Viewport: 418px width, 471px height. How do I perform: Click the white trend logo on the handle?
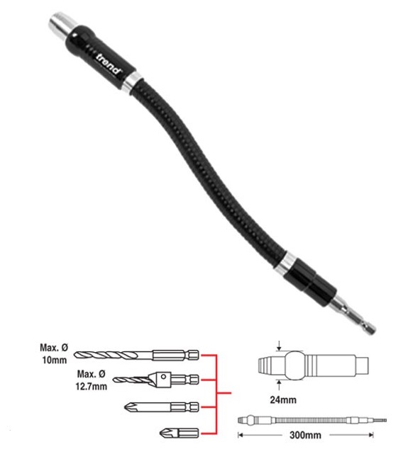(109, 64)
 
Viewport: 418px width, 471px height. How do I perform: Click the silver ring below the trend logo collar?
(133, 82)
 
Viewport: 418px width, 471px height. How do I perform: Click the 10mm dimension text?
(55, 360)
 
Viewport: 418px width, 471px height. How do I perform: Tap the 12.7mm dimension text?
(91, 386)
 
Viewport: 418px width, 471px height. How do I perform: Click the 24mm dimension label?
(283, 399)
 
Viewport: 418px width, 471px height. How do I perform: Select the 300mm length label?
(305, 435)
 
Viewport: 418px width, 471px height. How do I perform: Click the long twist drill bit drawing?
(136, 355)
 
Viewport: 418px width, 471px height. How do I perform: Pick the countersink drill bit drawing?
(156, 380)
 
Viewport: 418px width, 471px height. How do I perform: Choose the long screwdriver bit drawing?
(162, 407)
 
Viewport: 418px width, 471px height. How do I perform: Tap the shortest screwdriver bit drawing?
(179, 433)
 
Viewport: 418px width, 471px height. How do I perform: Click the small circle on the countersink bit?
(163, 376)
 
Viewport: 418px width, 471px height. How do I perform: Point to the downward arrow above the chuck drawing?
(280, 346)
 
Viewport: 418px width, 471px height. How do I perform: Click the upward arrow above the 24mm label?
(280, 385)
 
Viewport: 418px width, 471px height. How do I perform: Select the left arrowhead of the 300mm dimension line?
(240, 435)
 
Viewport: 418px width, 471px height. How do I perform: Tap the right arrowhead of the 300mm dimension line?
(371, 435)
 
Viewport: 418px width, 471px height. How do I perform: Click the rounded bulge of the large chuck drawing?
(295, 365)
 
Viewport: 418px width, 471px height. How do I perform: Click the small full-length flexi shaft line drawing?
(312, 420)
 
